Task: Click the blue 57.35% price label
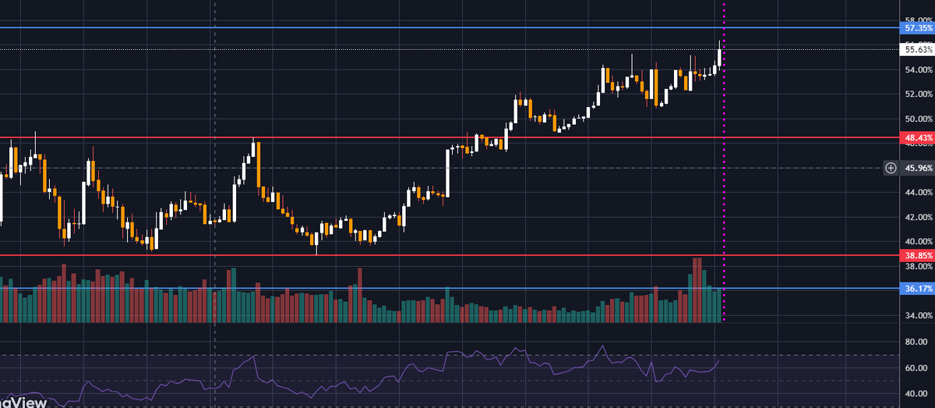(916, 27)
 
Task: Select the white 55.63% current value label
(916, 49)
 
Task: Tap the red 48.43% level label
(916, 137)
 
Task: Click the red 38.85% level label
(916, 255)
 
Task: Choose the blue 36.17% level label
(916, 289)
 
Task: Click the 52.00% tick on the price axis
(917, 94)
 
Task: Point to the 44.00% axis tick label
(917, 192)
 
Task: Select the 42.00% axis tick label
(917, 217)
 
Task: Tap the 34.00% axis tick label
(917, 315)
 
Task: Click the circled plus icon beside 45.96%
(891, 168)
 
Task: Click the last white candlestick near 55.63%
(719, 56)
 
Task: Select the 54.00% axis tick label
(917, 70)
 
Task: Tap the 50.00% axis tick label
(917, 119)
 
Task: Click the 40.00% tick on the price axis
(917, 241)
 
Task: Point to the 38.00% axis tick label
(917, 266)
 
